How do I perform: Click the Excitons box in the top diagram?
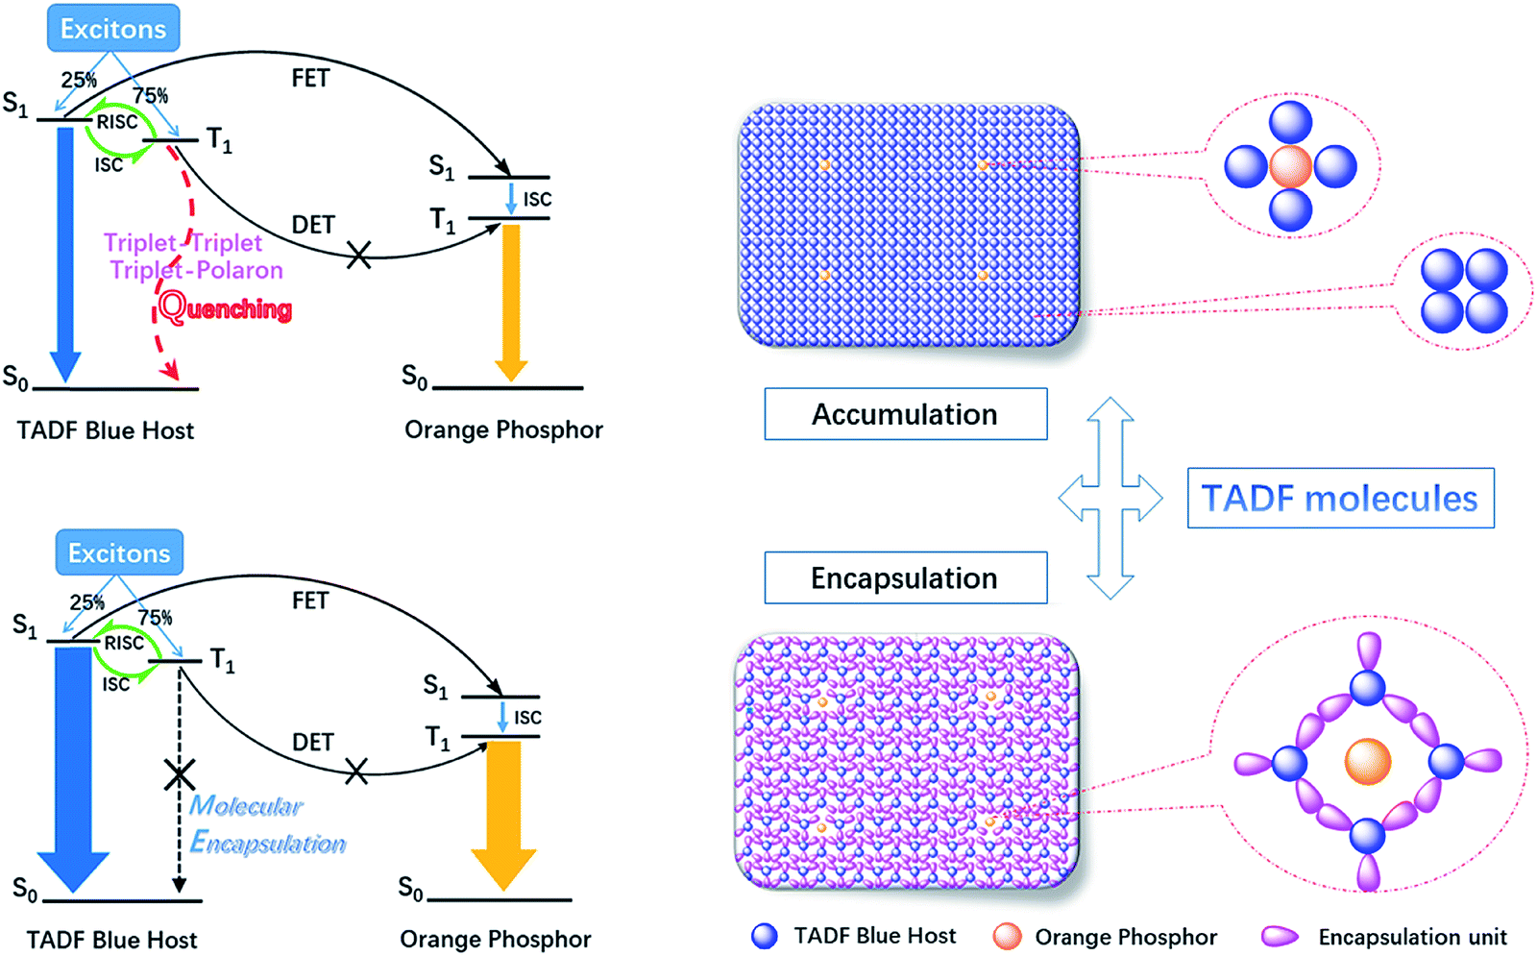point(113,29)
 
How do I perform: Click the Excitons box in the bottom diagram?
point(119,553)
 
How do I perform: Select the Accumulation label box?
point(905,414)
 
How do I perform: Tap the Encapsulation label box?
point(905,577)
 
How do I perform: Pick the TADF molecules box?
point(1340,498)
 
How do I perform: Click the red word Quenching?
point(225,307)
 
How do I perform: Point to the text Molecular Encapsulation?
point(266,824)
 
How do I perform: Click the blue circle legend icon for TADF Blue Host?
point(765,936)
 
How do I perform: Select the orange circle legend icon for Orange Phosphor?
point(1007,936)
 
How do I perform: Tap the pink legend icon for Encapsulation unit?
point(1280,936)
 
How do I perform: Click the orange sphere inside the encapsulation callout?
point(1368,762)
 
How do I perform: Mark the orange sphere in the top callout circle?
point(1290,166)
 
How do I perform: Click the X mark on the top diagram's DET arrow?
point(358,256)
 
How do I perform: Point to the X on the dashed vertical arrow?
point(180,774)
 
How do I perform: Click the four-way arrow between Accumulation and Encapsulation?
point(1110,498)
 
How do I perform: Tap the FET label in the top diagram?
point(310,79)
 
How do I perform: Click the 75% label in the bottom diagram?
point(155,618)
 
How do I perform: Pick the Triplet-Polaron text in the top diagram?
point(196,270)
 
